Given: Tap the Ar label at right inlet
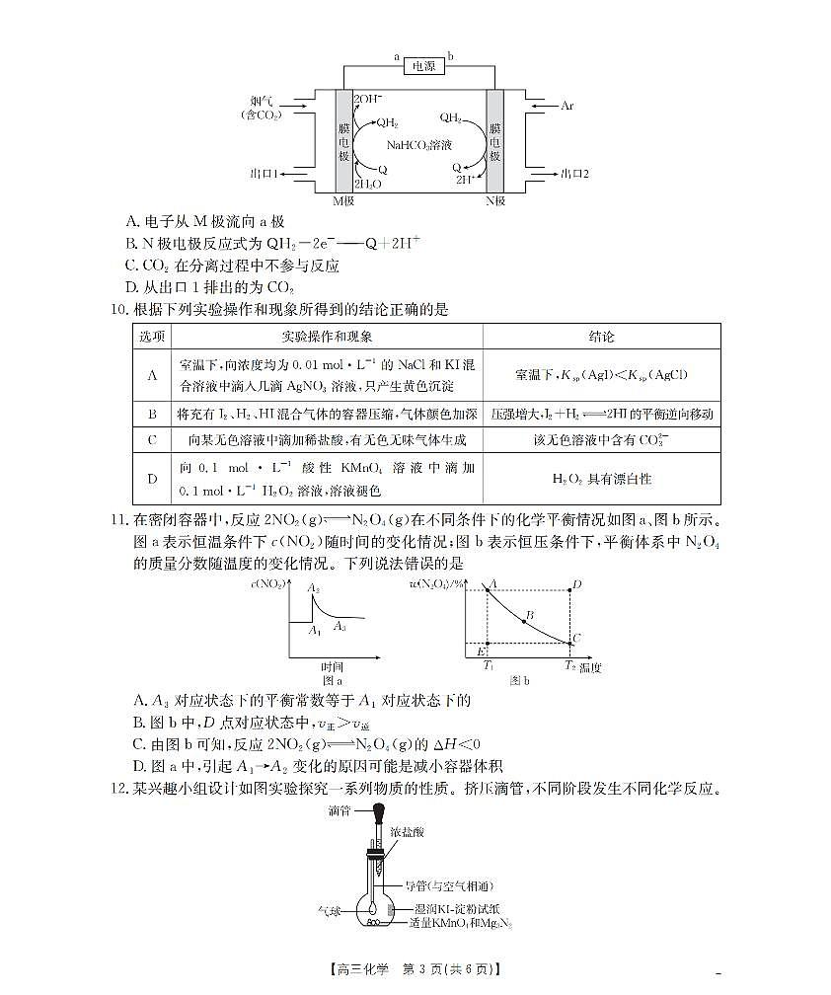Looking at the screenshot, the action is click(567, 105).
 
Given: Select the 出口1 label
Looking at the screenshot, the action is click(264, 174).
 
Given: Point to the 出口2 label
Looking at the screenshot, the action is click(574, 174).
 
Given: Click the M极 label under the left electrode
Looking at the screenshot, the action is click(343, 200).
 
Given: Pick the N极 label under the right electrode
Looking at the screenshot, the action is click(494, 200).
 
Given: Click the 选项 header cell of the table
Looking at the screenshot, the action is click(152, 337).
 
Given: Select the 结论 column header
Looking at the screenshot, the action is click(601, 337).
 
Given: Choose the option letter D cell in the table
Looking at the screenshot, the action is click(152, 479).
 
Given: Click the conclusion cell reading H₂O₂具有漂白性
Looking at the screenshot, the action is click(601, 479).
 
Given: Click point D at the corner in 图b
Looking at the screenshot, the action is click(576, 585).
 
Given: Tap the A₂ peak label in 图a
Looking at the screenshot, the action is click(314, 588).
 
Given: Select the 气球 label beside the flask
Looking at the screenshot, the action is click(329, 911).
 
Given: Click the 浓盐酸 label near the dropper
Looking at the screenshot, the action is click(407, 833).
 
